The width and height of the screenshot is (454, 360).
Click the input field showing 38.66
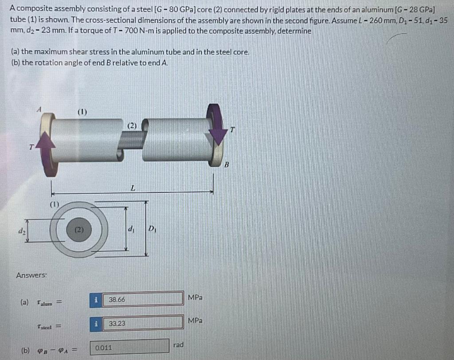(143, 299)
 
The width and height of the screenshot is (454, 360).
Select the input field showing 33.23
(143, 323)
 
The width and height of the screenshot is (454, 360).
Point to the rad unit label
(178, 344)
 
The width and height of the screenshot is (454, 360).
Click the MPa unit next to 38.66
(195, 297)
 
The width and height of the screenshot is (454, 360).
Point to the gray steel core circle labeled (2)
(79, 230)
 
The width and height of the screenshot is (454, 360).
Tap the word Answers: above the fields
(31, 275)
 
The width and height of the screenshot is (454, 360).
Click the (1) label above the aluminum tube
(82, 112)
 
